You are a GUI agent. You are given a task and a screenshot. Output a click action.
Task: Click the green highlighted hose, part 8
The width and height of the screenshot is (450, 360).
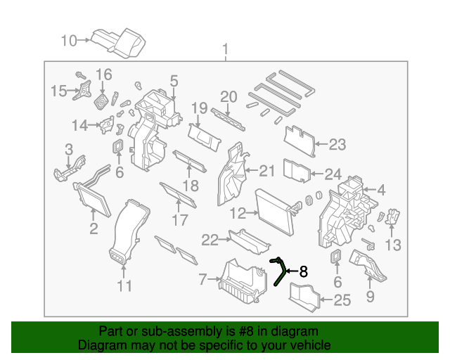tap(280, 271)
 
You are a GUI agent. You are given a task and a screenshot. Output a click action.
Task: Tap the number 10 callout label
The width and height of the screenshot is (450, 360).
tap(69, 41)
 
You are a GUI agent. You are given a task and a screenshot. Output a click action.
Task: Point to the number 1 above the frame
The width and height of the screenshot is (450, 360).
tap(226, 50)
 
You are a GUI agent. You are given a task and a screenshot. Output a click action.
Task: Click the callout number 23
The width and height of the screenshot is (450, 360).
tap(337, 146)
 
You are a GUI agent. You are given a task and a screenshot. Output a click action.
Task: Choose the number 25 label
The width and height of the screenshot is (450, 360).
tap(341, 302)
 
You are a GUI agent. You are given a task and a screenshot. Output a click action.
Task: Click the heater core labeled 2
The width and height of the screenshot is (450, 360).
tap(92, 197)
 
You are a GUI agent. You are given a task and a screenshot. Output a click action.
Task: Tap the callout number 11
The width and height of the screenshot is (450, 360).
tap(124, 286)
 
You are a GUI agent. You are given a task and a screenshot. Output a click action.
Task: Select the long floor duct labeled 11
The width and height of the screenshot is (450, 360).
tap(129, 232)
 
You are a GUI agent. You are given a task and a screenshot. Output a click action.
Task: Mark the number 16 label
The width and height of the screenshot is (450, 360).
tap(103, 75)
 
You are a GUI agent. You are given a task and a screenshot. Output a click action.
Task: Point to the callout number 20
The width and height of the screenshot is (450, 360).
tap(229, 96)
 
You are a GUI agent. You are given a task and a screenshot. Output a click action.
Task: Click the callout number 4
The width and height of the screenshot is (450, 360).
tap(381, 190)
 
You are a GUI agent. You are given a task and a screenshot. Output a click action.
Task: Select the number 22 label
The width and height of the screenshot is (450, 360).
tap(210, 240)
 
